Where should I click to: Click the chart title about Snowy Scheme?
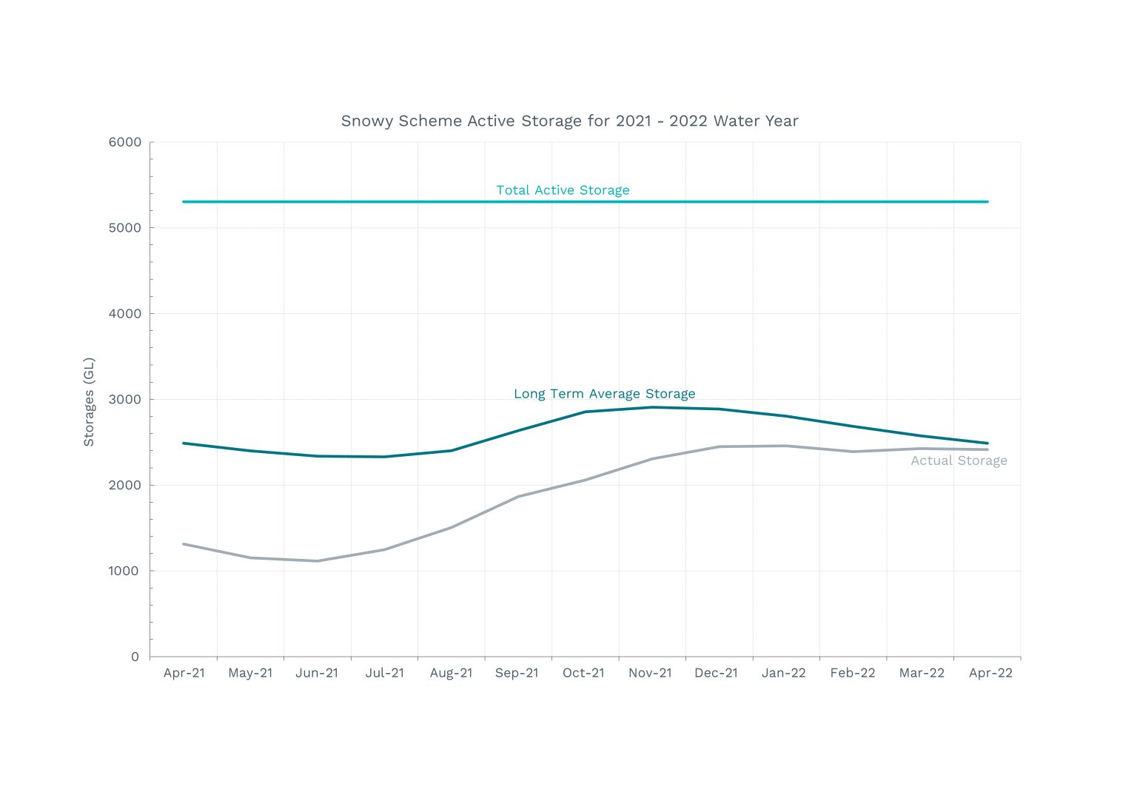pyautogui.click(x=569, y=121)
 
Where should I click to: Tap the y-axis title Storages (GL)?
pyautogui.click(x=89, y=402)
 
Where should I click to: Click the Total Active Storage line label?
pyautogui.click(x=563, y=190)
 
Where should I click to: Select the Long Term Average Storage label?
pyautogui.click(x=604, y=394)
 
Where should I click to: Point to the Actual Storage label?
pyautogui.click(x=959, y=460)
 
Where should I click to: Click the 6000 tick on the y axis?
pyautogui.click(x=124, y=142)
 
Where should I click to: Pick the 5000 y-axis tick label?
pyautogui.click(x=124, y=228)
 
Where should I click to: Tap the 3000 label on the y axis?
pyautogui.click(x=124, y=400)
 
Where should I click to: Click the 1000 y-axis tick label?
pyautogui.click(x=124, y=571)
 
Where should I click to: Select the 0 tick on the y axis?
pyautogui.click(x=135, y=657)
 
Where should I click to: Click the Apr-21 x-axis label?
pyautogui.click(x=184, y=673)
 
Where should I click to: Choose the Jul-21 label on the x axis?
pyautogui.click(x=384, y=673)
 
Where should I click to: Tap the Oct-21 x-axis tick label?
pyautogui.click(x=583, y=673)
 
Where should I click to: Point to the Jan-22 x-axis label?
pyautogui.click(x=783, y=673)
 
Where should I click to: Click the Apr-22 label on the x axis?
pyautogui.click(x=990, y=673)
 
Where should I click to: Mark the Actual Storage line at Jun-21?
pyautogui.click(x=318, y=560)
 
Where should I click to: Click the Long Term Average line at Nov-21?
pyautogui.click(x=651, y=407)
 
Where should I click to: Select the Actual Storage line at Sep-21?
pyautogui.click(x=518, y=496)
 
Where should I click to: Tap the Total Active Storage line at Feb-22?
pyautogui.click(x=853, y=201)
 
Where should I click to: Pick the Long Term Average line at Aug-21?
pyautogui.click(x=452, y=450)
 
